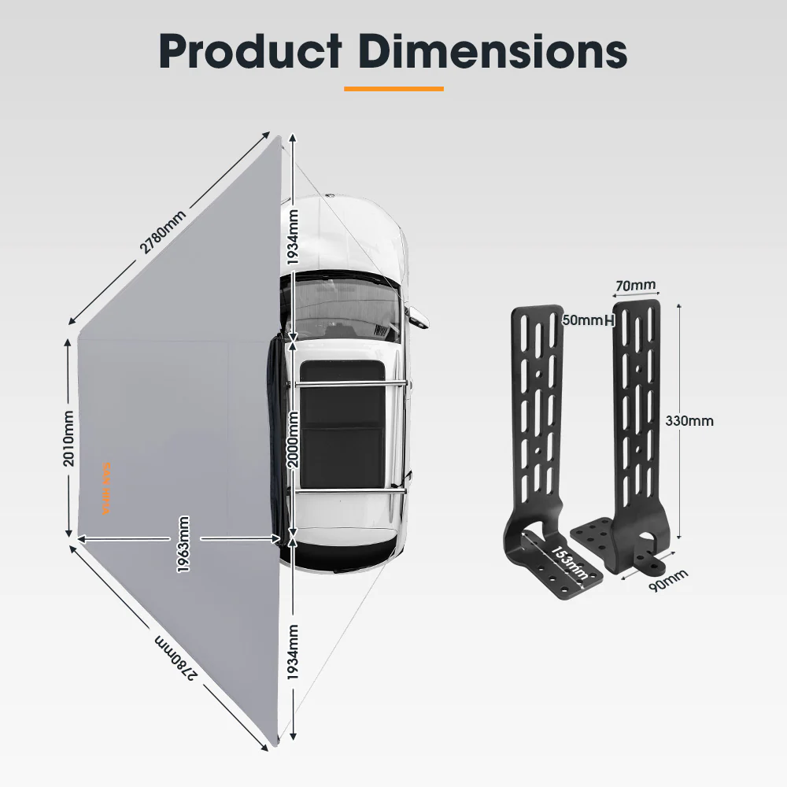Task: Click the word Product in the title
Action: click(x=250, y=52)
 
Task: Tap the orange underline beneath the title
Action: click(x=393, y=89)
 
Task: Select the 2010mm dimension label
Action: click(x=69, y=438)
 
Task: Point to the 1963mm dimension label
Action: click(x=183, y=544)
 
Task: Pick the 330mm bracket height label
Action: click(x=689, y=420)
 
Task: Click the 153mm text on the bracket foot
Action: click(x=567, y=562)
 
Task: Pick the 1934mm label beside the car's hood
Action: click(x=293, y=237)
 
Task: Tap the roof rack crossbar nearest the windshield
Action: click(x=351, y=384)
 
